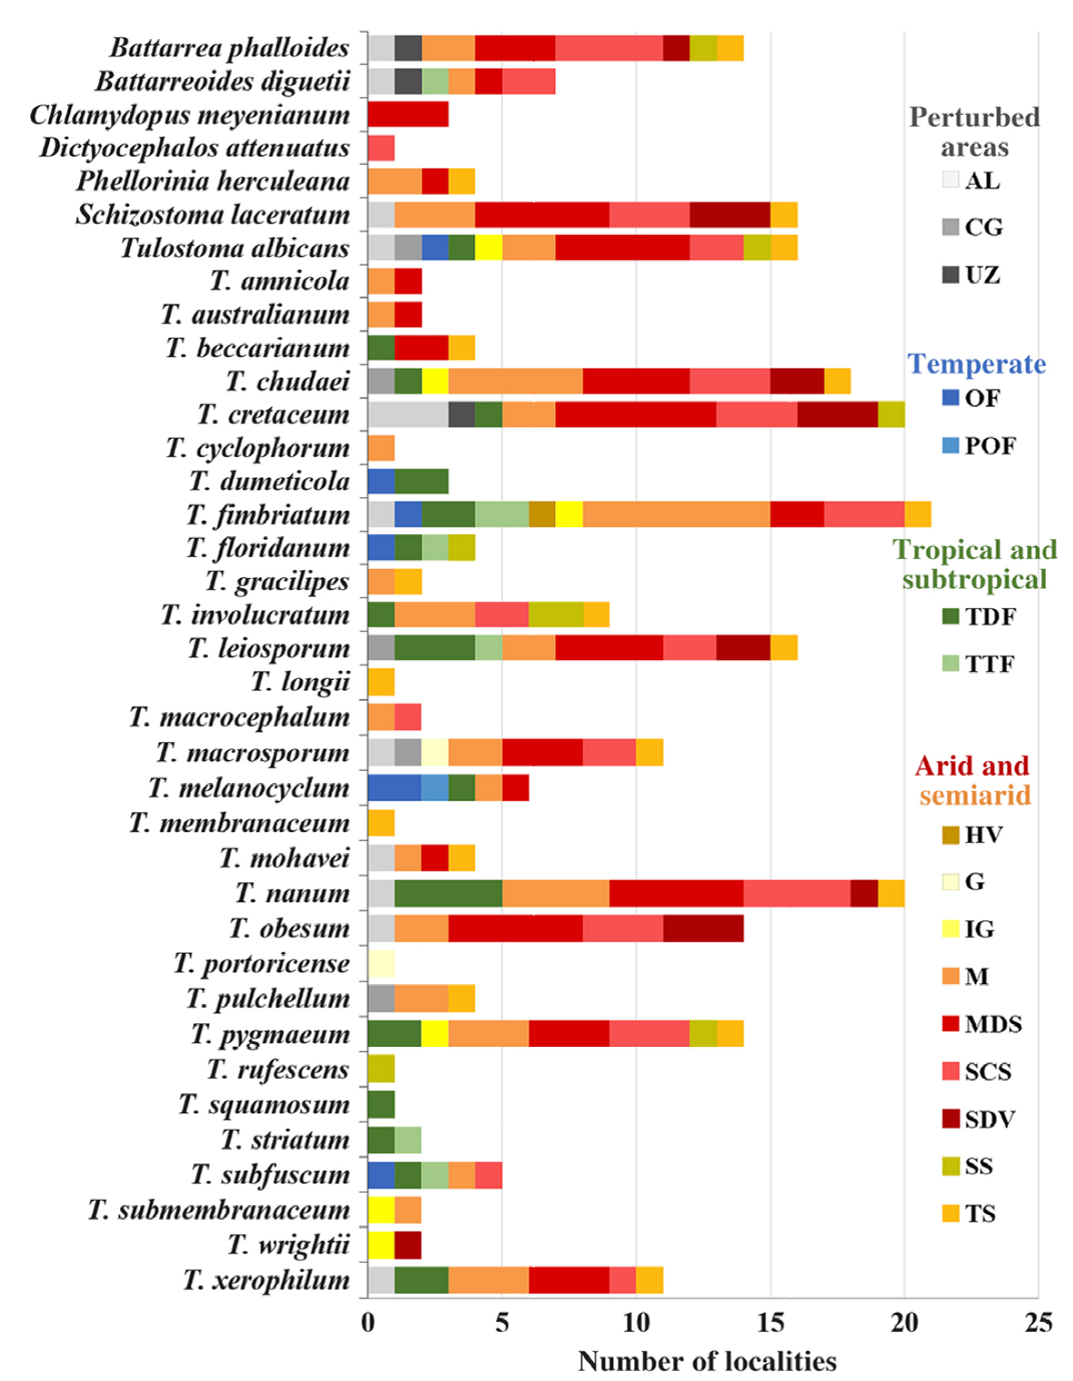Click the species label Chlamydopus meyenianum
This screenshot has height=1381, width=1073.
189,115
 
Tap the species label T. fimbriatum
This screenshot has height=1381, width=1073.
268,515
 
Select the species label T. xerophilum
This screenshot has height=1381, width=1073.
266,1280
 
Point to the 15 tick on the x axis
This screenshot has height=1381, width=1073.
770,1323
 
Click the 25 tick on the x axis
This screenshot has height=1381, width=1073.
1038,1323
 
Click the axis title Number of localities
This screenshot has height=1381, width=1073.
706,1361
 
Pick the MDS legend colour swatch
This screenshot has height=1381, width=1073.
951,1024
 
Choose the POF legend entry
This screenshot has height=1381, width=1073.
977,445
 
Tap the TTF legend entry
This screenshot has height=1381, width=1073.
977,664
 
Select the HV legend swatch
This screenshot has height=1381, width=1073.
951,835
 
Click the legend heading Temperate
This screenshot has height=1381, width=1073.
976,363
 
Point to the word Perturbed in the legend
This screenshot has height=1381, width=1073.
974,117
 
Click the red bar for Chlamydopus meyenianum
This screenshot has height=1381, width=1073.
408,115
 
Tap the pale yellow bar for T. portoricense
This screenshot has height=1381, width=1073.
381,963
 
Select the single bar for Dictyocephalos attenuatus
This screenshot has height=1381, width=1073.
381,147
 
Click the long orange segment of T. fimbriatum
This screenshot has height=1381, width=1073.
676,514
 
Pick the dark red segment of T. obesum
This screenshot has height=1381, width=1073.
703,928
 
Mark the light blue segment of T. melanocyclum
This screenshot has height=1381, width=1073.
435,787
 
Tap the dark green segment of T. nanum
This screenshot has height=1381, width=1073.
448,893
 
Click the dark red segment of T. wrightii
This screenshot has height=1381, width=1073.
408,1244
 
